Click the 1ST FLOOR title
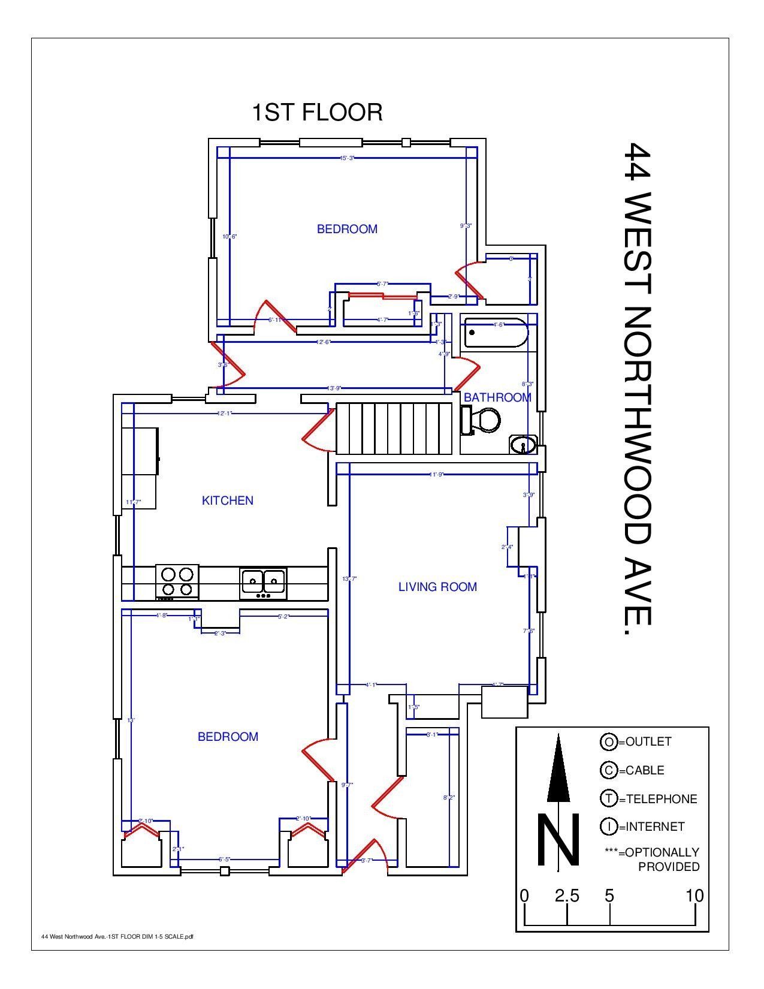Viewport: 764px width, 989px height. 317,113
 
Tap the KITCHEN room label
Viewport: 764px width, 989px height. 228,500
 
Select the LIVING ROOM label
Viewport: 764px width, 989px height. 437,587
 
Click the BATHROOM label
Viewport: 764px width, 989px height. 497,397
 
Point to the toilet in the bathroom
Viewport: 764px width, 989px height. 481,420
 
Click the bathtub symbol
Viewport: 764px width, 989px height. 496,333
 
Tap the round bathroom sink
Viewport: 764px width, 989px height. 523,445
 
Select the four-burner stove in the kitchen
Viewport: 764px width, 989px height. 177,581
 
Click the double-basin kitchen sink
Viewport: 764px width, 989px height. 263,582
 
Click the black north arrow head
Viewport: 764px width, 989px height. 558,768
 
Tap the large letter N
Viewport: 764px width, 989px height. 558,840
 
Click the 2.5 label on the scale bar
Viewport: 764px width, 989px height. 567,896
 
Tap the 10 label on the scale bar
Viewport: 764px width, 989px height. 694,896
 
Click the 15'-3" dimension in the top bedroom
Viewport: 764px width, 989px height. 348,158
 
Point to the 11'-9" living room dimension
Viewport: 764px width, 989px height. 436,475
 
